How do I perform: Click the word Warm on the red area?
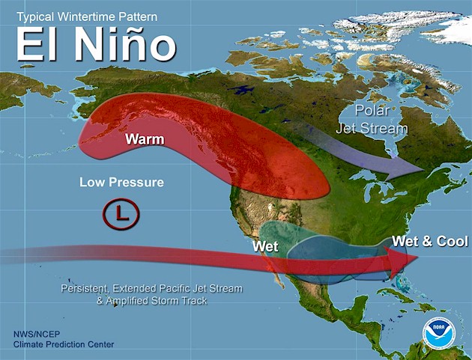pyautogui.click(x=145, y=139)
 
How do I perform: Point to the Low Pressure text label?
pyautogui.click(x=121, y=183)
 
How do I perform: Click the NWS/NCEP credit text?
pyautogui.click(x=37, y=334)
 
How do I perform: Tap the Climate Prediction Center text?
pyautogui.click(x=63, y=344)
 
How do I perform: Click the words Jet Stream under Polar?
pyautogui.click(x=381, y=128)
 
